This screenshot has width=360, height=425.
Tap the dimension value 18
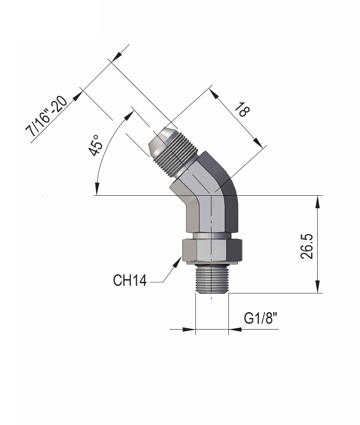coord(241,109)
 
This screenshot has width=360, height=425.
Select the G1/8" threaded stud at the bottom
coord(211,279)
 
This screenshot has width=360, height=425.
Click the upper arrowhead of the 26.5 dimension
coord(317,200)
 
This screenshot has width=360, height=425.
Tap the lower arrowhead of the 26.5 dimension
coord(317,289)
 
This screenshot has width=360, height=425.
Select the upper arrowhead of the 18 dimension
coord(213,93)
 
